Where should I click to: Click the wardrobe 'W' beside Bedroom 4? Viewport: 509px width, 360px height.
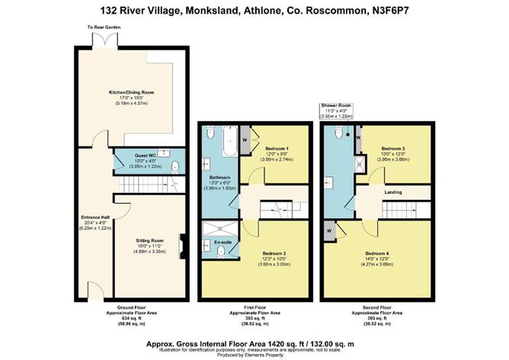(x=328, y=229)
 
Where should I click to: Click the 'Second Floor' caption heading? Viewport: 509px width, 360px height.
(x=379, y=307)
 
